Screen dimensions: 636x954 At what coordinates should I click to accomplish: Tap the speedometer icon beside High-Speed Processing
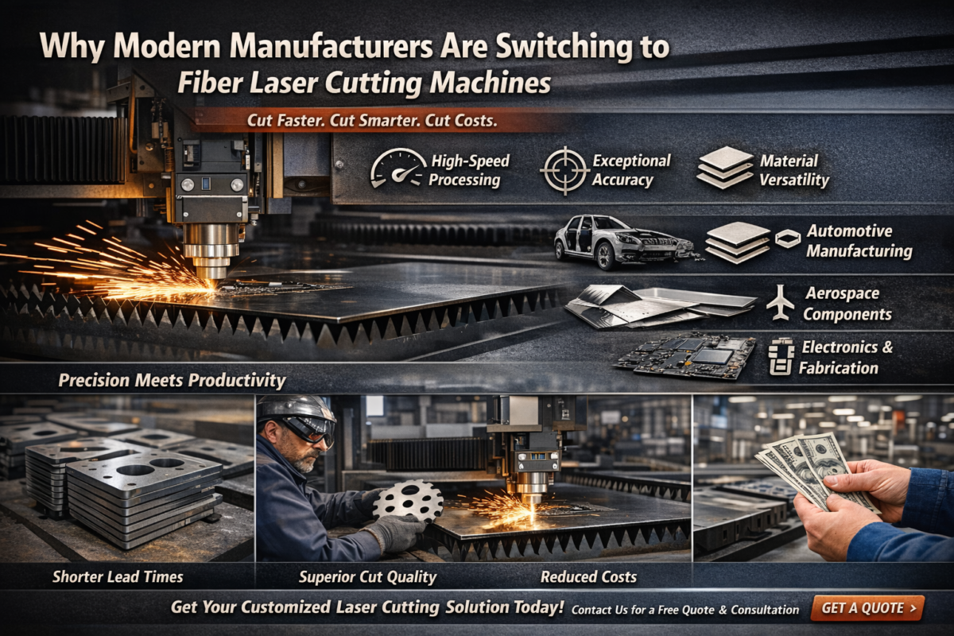(x=397, y=169)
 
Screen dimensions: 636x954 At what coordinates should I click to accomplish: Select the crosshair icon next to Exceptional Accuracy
(x=564, y=169)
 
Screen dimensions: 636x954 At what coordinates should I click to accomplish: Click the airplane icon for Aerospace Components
(x=781, y=303)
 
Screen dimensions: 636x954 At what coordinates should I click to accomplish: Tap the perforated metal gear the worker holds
(x=408, y=502)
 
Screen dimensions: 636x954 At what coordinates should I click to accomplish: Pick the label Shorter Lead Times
(x=118, y=576)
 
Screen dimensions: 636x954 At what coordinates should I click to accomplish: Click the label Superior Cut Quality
(x=367, y=576)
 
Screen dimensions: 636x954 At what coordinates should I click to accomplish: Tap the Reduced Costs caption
(x=588, y=576)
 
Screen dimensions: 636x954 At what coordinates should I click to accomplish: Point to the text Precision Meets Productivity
(x=172, y=380)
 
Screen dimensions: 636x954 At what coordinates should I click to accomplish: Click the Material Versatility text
(x=793, y=170)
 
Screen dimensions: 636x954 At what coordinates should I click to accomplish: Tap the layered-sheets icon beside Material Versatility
(x=725, y=167)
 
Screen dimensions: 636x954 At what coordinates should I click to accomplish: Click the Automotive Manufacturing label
(x=859, y=241)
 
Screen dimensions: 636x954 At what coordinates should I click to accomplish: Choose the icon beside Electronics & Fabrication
(x=780, y=357)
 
